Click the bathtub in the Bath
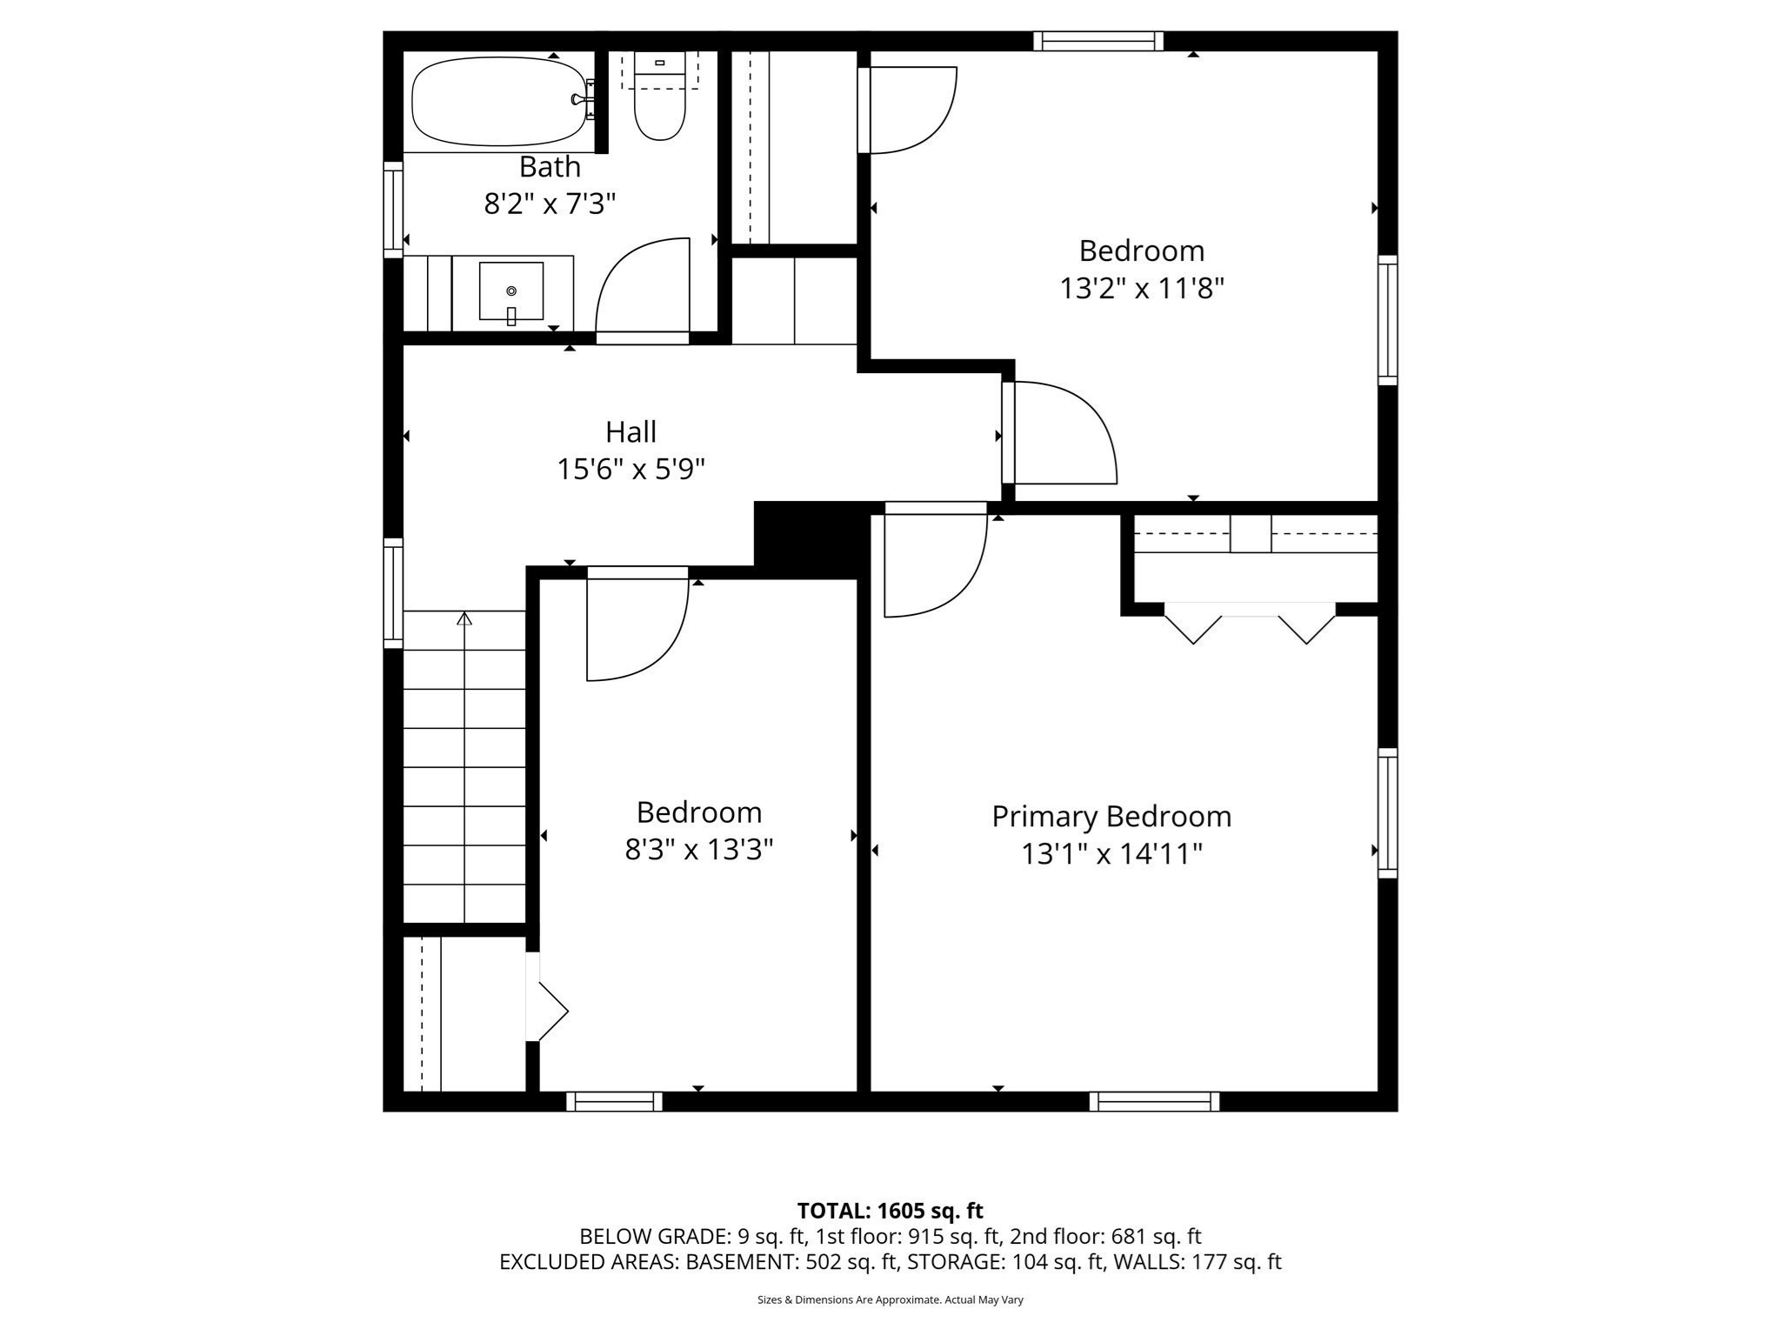click(x=498, y=102)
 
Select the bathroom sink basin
click(x=511, y=291)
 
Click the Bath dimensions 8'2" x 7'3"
click(x=550, y=204)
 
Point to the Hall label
click(x=630, y=431)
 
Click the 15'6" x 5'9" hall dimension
click(x=630, y=470)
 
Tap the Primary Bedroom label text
click(x=1111, y=817)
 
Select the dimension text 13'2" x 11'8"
click(x=1141, y=288)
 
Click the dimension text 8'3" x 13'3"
click(x=698, y=849)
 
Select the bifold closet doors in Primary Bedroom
click(x=1250, y=622)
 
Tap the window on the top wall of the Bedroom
click(x=1098, y=41)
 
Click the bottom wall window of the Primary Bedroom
click(x=1154, y=1101)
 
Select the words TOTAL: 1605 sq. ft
click(x=890, y=1211)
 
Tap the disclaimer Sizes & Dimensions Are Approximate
click(x=890, y=1299)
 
